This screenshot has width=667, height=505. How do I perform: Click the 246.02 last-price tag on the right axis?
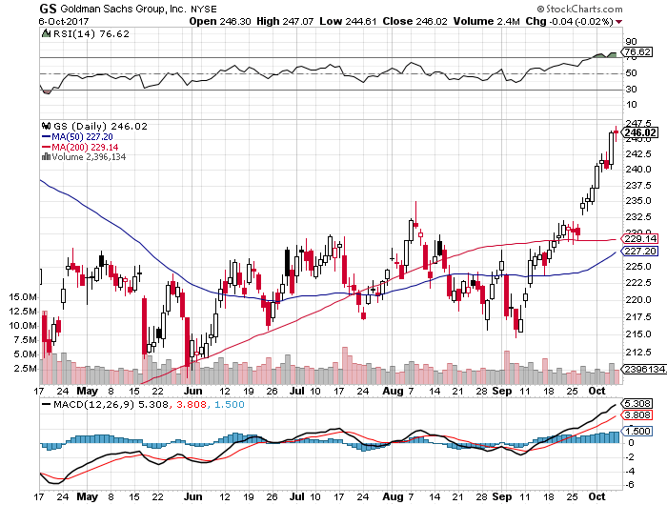[x=637, y=132]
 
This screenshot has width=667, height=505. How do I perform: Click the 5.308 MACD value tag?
[x=635, y=404]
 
